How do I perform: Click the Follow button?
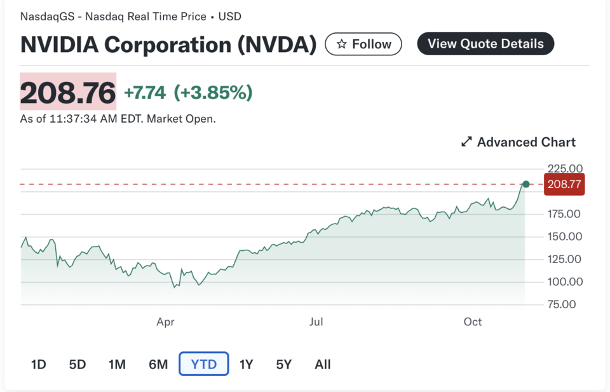tap(363, 44)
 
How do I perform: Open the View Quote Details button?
tap(485, 44)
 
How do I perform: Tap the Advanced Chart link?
tap(518, 142)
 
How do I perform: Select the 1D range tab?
tap(39, 365)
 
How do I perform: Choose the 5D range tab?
tap(78, 365)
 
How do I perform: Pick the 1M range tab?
tap(117, 365)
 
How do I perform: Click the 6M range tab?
tap(158, 365)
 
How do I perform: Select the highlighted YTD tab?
tap(203, 365)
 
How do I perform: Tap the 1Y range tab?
tap(246, 365)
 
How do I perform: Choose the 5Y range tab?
tap(283, 365)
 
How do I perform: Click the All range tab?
tap(323, 365)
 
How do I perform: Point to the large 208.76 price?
tap(68, 93)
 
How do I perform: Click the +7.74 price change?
tap(145, 93)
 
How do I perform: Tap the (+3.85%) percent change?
tap(213, 93)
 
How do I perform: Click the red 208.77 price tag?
tap(564, 185)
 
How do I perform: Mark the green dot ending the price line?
tap(525, 184)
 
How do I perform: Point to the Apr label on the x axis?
tap(165, 322)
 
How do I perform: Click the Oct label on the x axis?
tap(473, 322)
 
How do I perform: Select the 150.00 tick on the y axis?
tap(565, 236)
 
